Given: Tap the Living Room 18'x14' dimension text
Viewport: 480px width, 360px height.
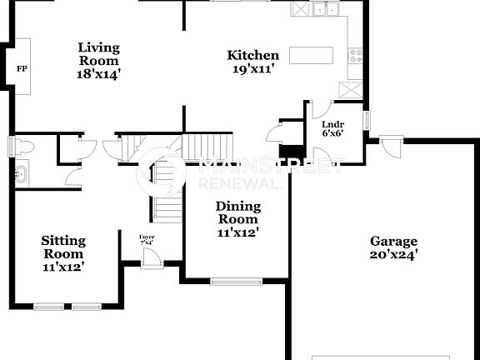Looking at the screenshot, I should click(98, 73).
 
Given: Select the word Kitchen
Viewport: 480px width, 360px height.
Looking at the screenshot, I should click(253, 56).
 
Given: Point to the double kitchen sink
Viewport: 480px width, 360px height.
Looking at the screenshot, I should click(326, 10).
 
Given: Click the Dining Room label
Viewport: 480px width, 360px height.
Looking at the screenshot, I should click(238, 212).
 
